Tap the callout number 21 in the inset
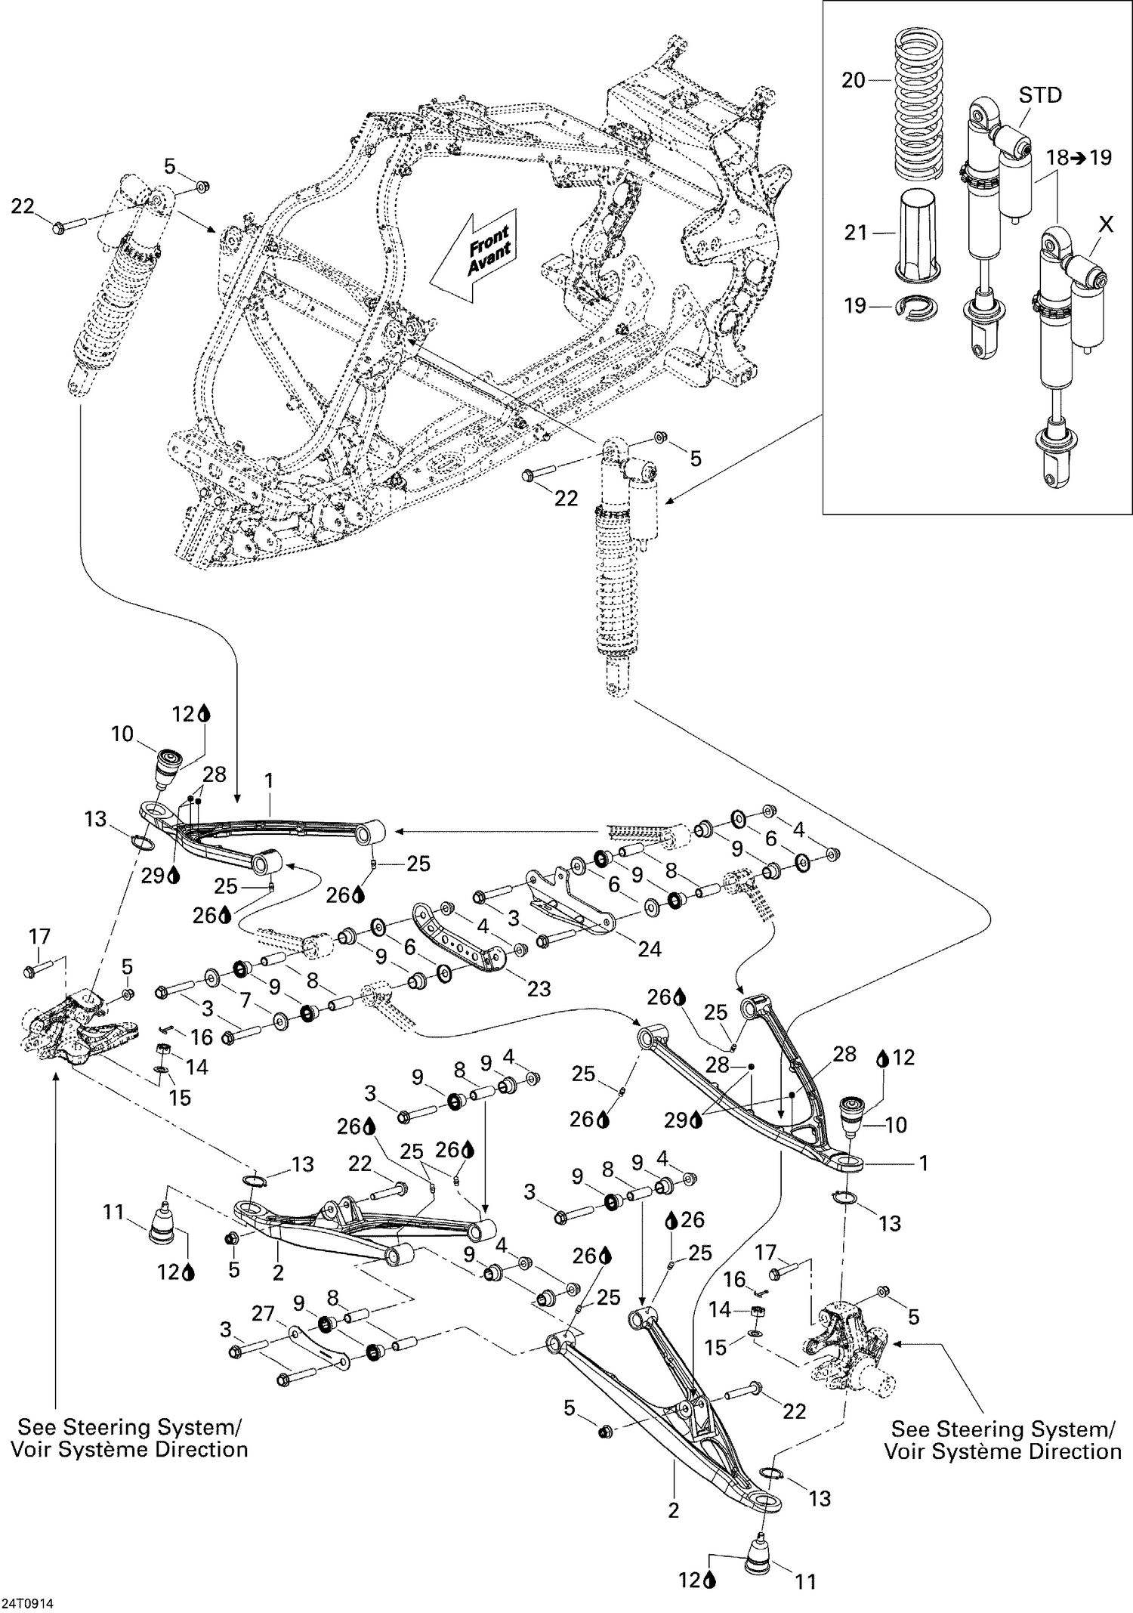[856, 233]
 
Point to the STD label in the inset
[1040, 95]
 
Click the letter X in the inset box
[1105, 224]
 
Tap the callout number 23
[539, 988]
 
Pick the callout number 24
[649, 949]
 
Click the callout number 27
[262, 1313]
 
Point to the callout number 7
[244, 1000]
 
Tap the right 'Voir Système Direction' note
[1002, 1451]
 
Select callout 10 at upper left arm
[122, 734]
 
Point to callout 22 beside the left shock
[23, 205]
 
